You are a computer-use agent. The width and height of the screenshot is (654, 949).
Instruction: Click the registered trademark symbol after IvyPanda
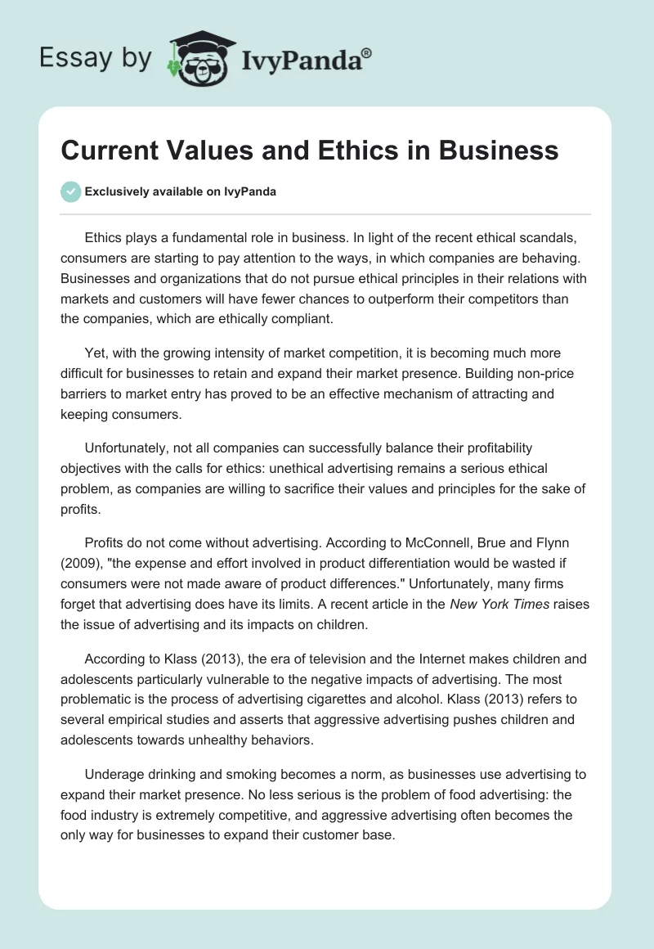(367, 52)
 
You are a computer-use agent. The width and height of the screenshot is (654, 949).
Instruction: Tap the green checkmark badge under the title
(70, 191)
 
